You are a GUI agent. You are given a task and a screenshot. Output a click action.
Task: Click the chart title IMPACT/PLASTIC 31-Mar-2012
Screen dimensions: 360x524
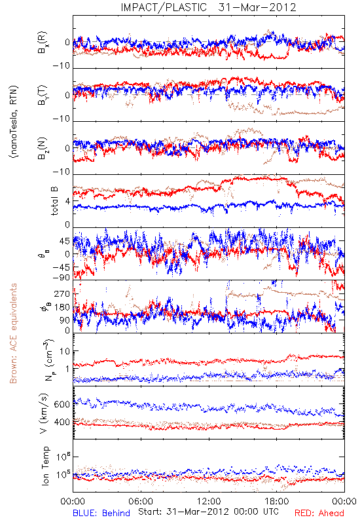pyautogui.click(x=208, y=7)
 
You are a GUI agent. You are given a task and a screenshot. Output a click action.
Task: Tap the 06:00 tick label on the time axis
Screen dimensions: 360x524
pyautogui.click(x=141, y=501)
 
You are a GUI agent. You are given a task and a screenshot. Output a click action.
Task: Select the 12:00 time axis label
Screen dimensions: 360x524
pyautogui.click(x=209, y=501)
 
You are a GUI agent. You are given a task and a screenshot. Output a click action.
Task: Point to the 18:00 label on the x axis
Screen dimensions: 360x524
pyautogui.click(x=277, y=501)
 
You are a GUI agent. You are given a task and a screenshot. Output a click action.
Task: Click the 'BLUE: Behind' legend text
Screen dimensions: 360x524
pyautogui.click(x=101, y=513)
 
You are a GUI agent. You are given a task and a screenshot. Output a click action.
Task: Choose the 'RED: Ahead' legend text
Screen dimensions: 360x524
pyautogui.click(x=319, y=513)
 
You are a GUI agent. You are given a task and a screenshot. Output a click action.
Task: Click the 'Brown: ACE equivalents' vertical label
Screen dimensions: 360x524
pyautogui.click(x=13, y=333)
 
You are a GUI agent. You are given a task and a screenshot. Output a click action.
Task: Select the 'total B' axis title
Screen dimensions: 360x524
pyautogui.click(x=54, y=200)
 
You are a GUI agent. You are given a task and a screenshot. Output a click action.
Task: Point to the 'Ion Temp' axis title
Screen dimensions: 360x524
pyautogui.click(x=45, y=466)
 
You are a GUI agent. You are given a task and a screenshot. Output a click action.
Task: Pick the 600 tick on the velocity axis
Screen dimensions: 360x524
pyautogui.click(x=62, y=404)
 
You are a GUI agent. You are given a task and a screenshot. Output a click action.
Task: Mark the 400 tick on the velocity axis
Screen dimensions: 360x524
pyautogui.click(x=62, y=422)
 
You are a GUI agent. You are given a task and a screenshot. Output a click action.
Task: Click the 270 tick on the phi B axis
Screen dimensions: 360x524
pyautogui.click(x=62, y=293)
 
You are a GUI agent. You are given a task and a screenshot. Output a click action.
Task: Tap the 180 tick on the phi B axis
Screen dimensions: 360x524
pyautogui.click(x=62, y=307)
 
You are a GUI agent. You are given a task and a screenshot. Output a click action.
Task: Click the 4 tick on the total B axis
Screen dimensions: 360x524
pyautogui.click(x=68, y=201)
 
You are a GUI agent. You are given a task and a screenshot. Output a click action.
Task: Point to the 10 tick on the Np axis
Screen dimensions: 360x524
pyautogui.click(x=65, y=351)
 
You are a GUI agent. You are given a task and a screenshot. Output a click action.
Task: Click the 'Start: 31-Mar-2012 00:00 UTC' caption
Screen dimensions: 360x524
pyautogui.click(x=209, y=512)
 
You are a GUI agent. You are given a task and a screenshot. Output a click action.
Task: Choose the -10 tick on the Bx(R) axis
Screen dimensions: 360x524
pyautogui.click(x=61, y=66)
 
